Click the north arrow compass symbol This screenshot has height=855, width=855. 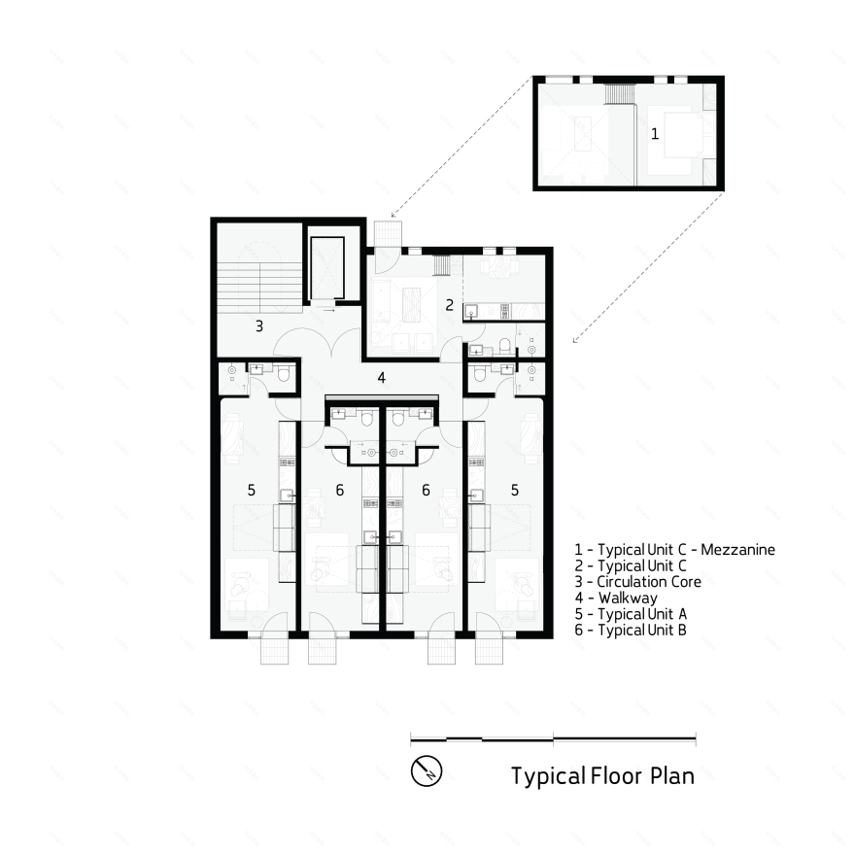click(x=427, y=771)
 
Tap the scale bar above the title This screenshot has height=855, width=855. click(x=552, y=739)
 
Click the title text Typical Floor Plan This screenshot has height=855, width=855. click(x=602, y=776)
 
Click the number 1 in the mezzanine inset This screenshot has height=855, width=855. click(x=654, y=134)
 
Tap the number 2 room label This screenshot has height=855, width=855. click(x=449, y=304)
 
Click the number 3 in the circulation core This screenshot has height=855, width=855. click(x=259, y=326)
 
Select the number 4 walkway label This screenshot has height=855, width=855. click(x=382, y=378)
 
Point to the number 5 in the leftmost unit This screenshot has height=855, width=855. click(x=251, y=491)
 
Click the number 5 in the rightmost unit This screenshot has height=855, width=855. click(x=515, y=491)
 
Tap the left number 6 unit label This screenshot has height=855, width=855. click(x=339, y=491)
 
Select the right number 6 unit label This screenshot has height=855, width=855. click(x=426, y=491)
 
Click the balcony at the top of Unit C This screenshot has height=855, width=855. click(x=386, y=234)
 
